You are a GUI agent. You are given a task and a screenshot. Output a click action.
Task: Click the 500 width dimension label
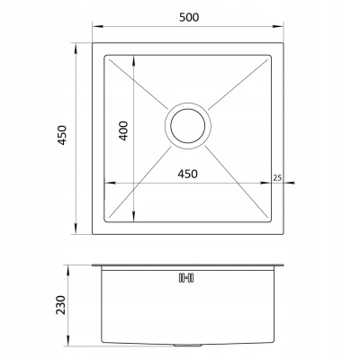tap(189, 17)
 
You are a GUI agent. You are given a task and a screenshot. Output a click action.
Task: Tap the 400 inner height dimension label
tap(123, 130)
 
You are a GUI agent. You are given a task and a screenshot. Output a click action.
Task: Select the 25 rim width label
tap(277, 178)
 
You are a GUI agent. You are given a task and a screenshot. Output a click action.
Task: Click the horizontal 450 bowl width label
tap(187, 174)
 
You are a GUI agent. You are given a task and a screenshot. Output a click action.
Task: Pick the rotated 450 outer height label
tap(62, 135)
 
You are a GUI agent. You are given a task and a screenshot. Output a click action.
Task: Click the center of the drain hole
tap(188, 125)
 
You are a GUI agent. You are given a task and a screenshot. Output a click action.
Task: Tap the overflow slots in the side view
tap(186, 278)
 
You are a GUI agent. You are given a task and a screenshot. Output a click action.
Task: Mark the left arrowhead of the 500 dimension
tap(96, 27)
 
